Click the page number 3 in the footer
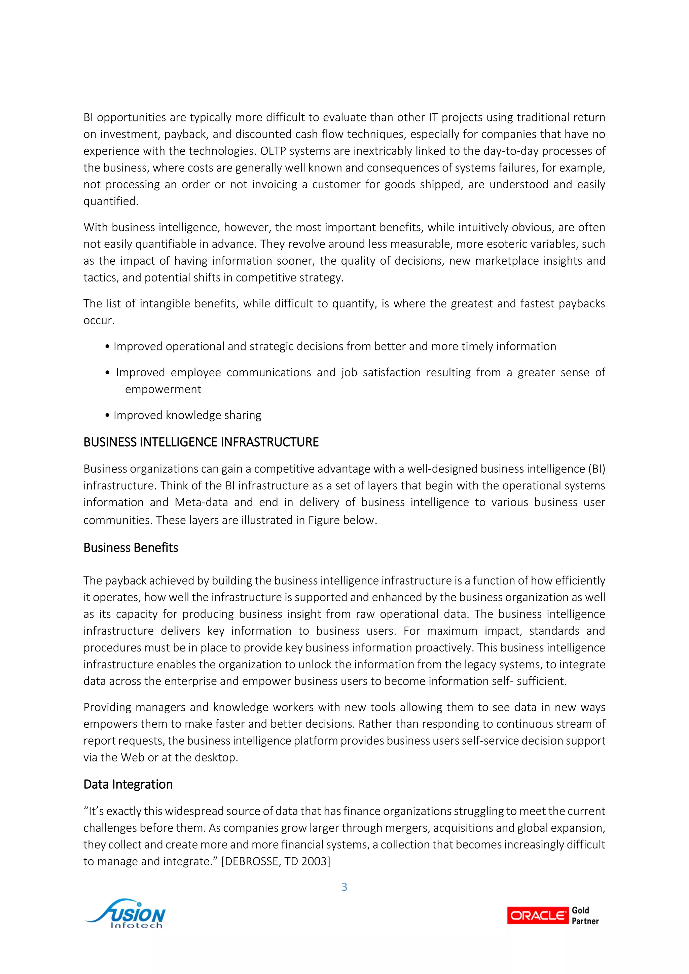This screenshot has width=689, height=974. tap(344, 887)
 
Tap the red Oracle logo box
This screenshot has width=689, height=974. tap(537, 915)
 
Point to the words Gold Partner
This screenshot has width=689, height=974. tap(585, 915)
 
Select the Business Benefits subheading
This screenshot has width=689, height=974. tap(131, 548)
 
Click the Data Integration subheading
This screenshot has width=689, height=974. tap(128, 784)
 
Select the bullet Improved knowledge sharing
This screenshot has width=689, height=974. tap(187, 415)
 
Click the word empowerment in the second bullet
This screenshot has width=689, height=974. tap(163, 389)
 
